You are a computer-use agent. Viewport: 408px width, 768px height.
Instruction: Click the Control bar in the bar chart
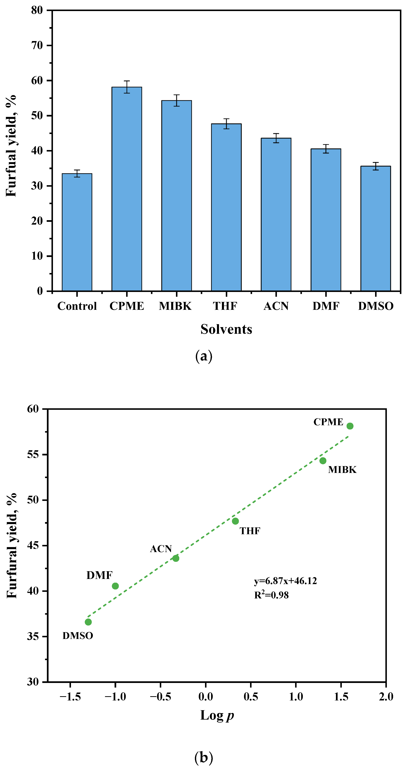click(77, 232)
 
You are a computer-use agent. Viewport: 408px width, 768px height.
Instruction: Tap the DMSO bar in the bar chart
click(375, 229)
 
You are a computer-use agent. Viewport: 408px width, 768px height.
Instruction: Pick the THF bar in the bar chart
click(226, 207)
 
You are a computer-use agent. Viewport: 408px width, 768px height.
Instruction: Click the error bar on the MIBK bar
click(177, 101)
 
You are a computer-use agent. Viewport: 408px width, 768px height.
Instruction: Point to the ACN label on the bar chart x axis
click(276, 306)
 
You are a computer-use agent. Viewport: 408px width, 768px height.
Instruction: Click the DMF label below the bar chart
click(326, 306)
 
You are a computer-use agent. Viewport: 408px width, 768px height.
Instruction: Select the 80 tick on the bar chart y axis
click(37, 10)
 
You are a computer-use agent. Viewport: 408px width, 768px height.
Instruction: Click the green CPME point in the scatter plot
click(350, 426)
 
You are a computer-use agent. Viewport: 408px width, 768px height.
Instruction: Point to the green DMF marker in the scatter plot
click(115, 586)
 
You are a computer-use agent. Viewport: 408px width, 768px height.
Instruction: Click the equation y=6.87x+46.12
click(285, 581)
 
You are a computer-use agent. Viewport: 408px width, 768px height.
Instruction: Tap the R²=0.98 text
click(271, 595)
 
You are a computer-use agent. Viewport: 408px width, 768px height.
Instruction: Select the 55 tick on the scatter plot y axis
click(33, 454)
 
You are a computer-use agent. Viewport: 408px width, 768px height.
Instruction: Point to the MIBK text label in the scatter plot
click(342, 470)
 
